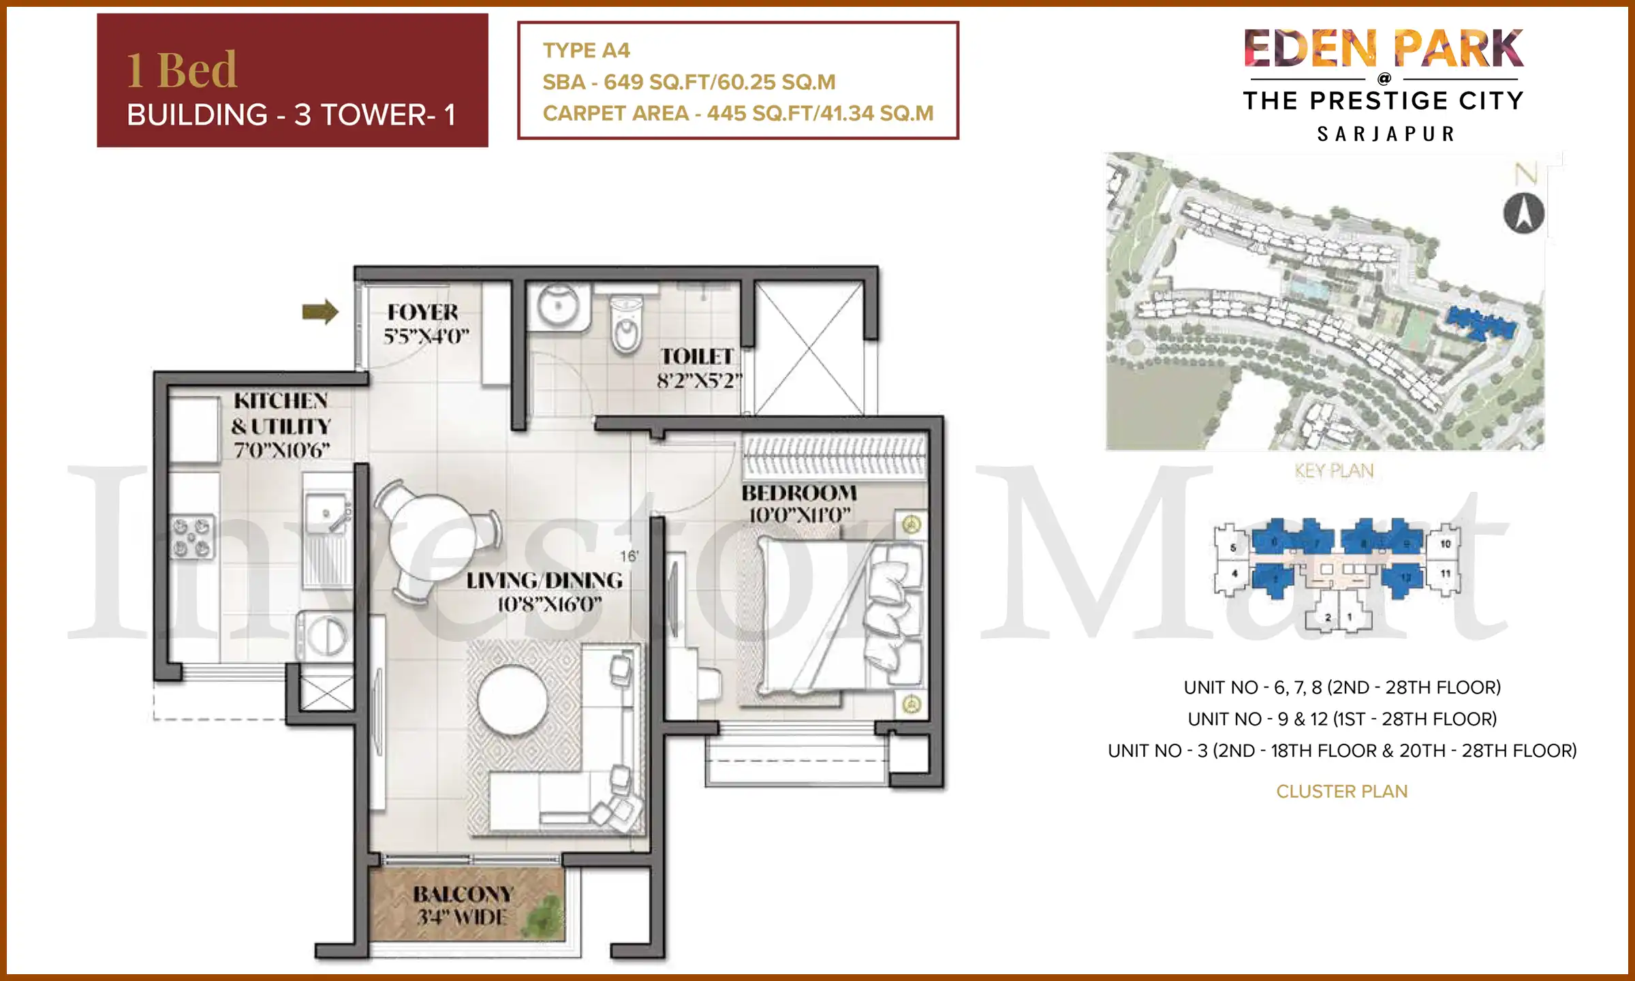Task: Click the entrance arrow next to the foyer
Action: pyautogui.click(x=320, y=312)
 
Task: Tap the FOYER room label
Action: pyautogui.click(x=423, y=313)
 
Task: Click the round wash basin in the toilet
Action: pyautogui.click(x=559, y=305)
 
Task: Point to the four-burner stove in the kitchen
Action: pyautogui.click(x=192, y=537)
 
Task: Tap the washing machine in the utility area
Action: pyautogui.click(x=326, y=636)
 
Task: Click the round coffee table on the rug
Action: pyautogui.click(x=512, y=701)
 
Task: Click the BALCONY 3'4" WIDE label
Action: pyautogui.click(x=463, y=905)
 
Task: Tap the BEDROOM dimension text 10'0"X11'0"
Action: pyautogui.click(x=800, y=516)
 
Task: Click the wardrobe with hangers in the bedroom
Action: pyautogui.click(x=835, y=455)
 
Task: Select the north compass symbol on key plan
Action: pyautogui.click(x=1523, y=213)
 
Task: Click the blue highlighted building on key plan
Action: pyautogui.click(x=1482, y=324)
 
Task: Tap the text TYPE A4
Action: pyautogui.click(x=587, y=50)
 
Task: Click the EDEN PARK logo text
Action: pyautogui.click(x=1383, y=49)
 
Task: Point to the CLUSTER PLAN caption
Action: pyautogui.click(x=1341, y=792)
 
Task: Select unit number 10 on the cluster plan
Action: pyautogui.click(x=1446, y=544)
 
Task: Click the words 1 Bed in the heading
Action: pyautogui.click(x=182, y=70)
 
